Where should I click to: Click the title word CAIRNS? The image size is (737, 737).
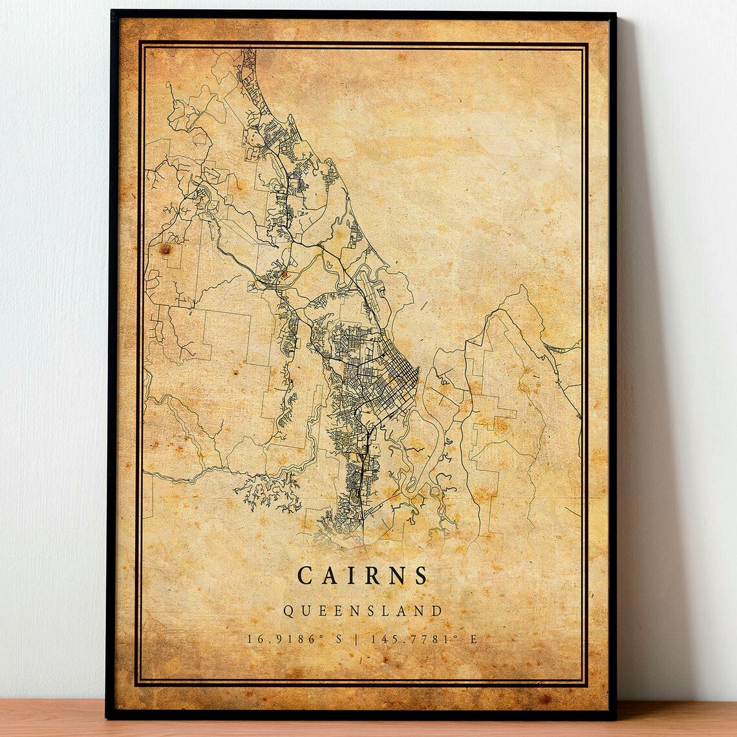point(363,575)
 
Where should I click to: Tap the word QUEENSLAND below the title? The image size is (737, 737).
point(363,611)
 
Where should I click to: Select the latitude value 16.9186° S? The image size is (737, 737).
point(294,639)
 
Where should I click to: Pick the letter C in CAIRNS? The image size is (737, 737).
point(304,575)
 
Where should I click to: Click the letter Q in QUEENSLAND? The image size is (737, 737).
point(288,611)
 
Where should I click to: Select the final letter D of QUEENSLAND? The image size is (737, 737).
point(438,611)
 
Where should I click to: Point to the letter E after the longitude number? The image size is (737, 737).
point(473,639)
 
